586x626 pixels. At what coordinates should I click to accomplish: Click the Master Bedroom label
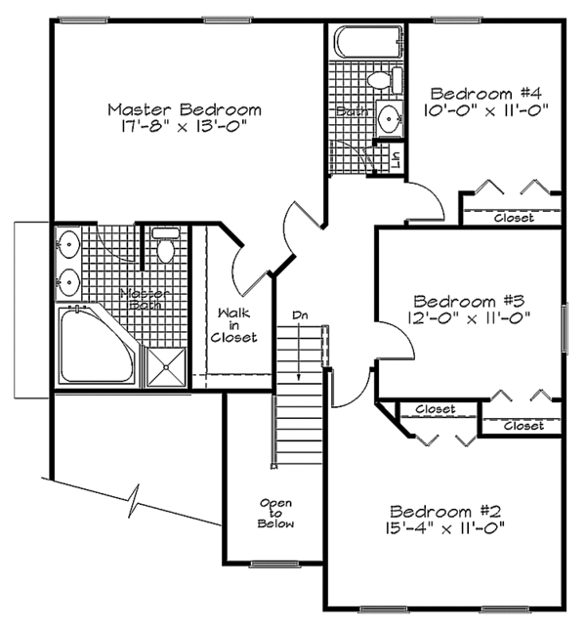click(185, 108)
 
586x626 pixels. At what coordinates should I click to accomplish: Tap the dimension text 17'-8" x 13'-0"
click(185, 127)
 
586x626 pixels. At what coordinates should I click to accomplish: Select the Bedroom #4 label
click(485, 94)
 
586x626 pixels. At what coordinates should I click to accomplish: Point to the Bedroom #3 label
click(470, 300)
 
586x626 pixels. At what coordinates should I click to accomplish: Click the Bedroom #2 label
click(445, 511)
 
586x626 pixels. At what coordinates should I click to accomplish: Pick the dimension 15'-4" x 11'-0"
click(445, 529)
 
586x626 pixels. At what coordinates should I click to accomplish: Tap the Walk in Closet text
click(236, 325)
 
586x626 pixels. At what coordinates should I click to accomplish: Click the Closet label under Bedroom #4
click(514, 218)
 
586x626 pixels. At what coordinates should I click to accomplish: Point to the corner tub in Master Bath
click(93, 347)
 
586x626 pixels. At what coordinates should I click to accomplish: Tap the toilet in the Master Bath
click(164, 247)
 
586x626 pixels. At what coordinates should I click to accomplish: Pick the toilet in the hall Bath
click(380, 79)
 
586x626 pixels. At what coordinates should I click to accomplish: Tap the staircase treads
click(298, 400)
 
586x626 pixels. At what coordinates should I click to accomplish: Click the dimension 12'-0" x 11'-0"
click(470, 317)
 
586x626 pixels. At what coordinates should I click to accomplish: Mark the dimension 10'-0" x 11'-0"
click(485, 111)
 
